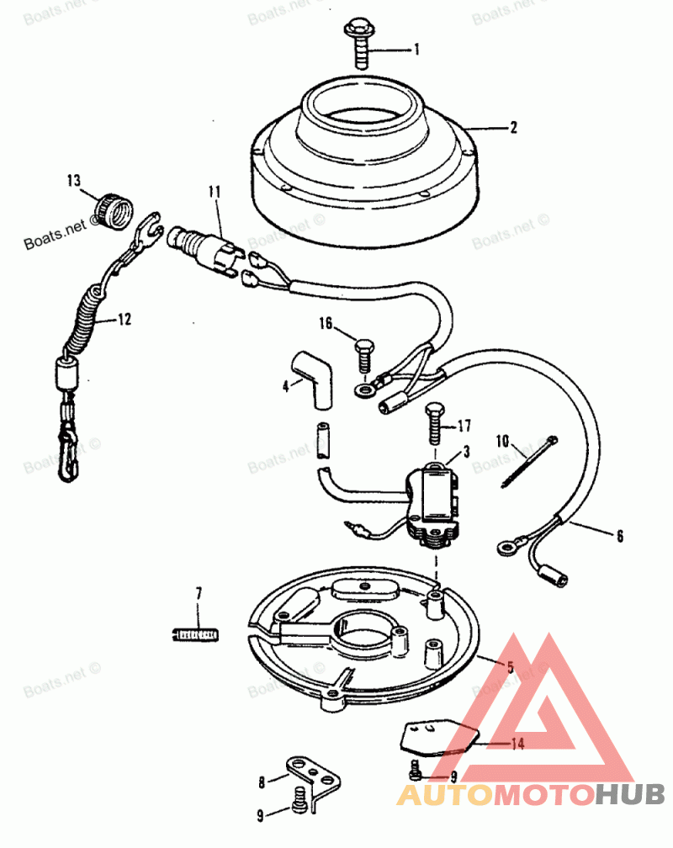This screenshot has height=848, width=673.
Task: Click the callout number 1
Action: [416, 50]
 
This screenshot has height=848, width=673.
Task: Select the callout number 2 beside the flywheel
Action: [512, 128]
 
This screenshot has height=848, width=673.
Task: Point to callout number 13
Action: [74, 179]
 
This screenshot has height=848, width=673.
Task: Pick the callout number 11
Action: [215, 193]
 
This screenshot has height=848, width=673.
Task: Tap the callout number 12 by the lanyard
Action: [124, 320]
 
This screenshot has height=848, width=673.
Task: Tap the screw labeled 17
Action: [433, 422]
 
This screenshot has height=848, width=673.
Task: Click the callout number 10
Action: [503, 440]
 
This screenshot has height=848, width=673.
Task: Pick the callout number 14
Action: [517, 744]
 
